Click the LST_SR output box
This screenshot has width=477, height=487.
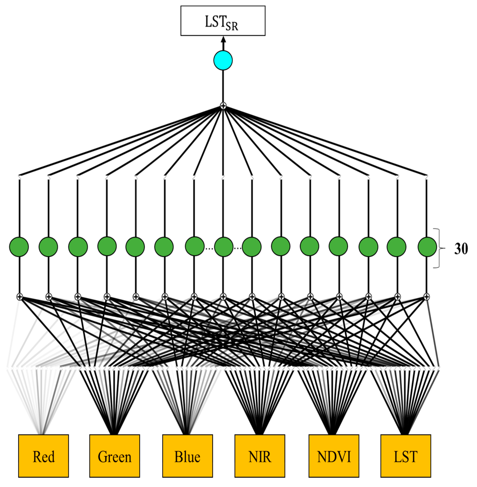[223, 21]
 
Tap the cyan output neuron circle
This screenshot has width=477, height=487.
[223, 60]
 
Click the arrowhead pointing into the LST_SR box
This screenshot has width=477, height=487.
[223, 40]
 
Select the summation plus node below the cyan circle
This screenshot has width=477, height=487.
[223, 106]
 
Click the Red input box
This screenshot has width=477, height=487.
[43, 456]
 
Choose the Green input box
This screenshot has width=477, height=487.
[114, 456]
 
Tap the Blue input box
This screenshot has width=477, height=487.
[187, 456]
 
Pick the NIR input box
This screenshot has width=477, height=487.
[260, 456]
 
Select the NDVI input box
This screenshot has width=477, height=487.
[334, 456]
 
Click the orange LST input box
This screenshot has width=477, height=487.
[406, 456]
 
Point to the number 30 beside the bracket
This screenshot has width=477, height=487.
[461, 249]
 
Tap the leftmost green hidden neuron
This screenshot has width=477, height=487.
[19, 247]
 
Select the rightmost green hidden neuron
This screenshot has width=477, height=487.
[427, 247]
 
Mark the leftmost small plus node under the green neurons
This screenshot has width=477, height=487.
[19, 297]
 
